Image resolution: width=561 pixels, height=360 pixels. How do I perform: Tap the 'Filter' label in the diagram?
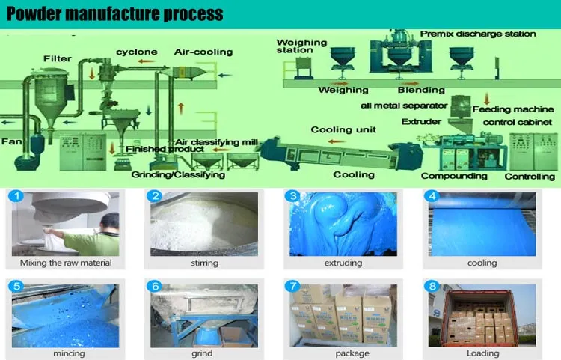(x=58, y=58)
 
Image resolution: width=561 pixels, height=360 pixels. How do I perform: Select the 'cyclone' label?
(x=137, y=52)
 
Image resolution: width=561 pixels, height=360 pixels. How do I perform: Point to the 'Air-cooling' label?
(x=203, y=52)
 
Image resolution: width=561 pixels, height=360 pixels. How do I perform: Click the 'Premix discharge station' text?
(x=478, y=34)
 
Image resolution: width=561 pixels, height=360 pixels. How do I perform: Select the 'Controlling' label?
(x=530, y=176)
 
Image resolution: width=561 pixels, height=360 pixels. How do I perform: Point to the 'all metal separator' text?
(x=404, y=106)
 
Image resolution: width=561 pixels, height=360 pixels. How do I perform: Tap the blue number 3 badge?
(x=294, y=197)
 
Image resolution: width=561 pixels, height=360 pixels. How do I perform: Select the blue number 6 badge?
(x=155, y=286)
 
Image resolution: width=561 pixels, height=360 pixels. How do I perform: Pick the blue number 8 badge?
(x=432, y=286)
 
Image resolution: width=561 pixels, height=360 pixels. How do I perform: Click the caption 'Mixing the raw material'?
(x=66, y=263)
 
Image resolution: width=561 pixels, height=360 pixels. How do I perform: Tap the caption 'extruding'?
(x=344, y=263)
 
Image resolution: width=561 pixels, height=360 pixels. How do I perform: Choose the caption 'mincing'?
(x=66, y=353)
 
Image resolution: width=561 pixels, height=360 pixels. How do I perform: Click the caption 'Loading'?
(x=482, y=353)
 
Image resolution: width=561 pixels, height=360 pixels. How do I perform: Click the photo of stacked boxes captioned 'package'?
(x=343, y=314)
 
